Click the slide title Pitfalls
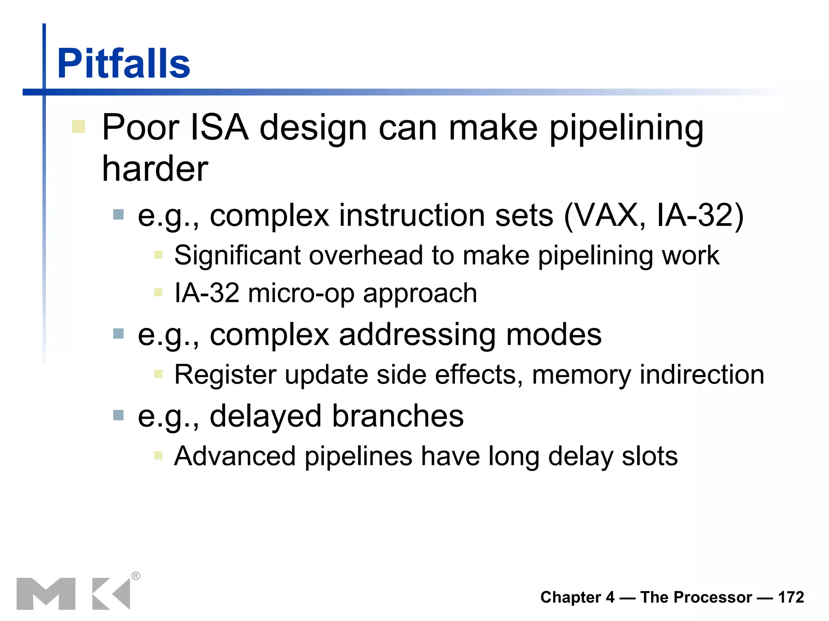(x=123, y=63)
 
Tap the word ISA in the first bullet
(x=219, y=128)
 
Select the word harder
(x=155, y=169)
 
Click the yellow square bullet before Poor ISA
(x=79, y=126)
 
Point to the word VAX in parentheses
(x=610, y=215)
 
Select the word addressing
(x=417, y=335)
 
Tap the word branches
(x=397, y=416)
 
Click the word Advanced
(x=235, y=456)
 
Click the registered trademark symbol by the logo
(x=136, y=576)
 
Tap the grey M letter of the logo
(x=46, y=594)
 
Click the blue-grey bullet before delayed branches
(x=118, y=415)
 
